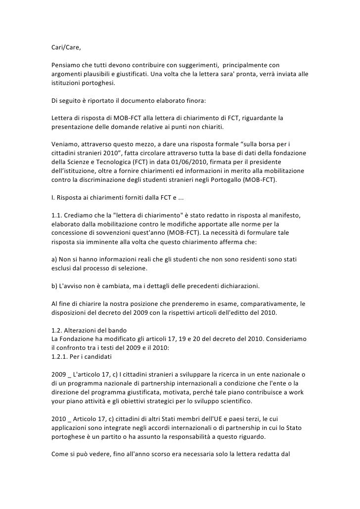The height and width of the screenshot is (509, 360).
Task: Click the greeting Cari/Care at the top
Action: coord(65,48)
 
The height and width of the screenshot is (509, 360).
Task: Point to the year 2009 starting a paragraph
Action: coord(59,372)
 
